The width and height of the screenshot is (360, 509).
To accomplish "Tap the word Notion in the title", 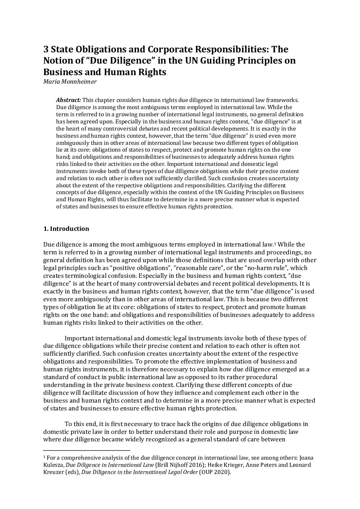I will (59, 61).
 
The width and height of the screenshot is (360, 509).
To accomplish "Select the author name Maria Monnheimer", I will (70, 82).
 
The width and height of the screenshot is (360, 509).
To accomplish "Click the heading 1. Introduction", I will (66, 228).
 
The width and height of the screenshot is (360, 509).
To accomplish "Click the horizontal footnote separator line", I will (87, 451).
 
